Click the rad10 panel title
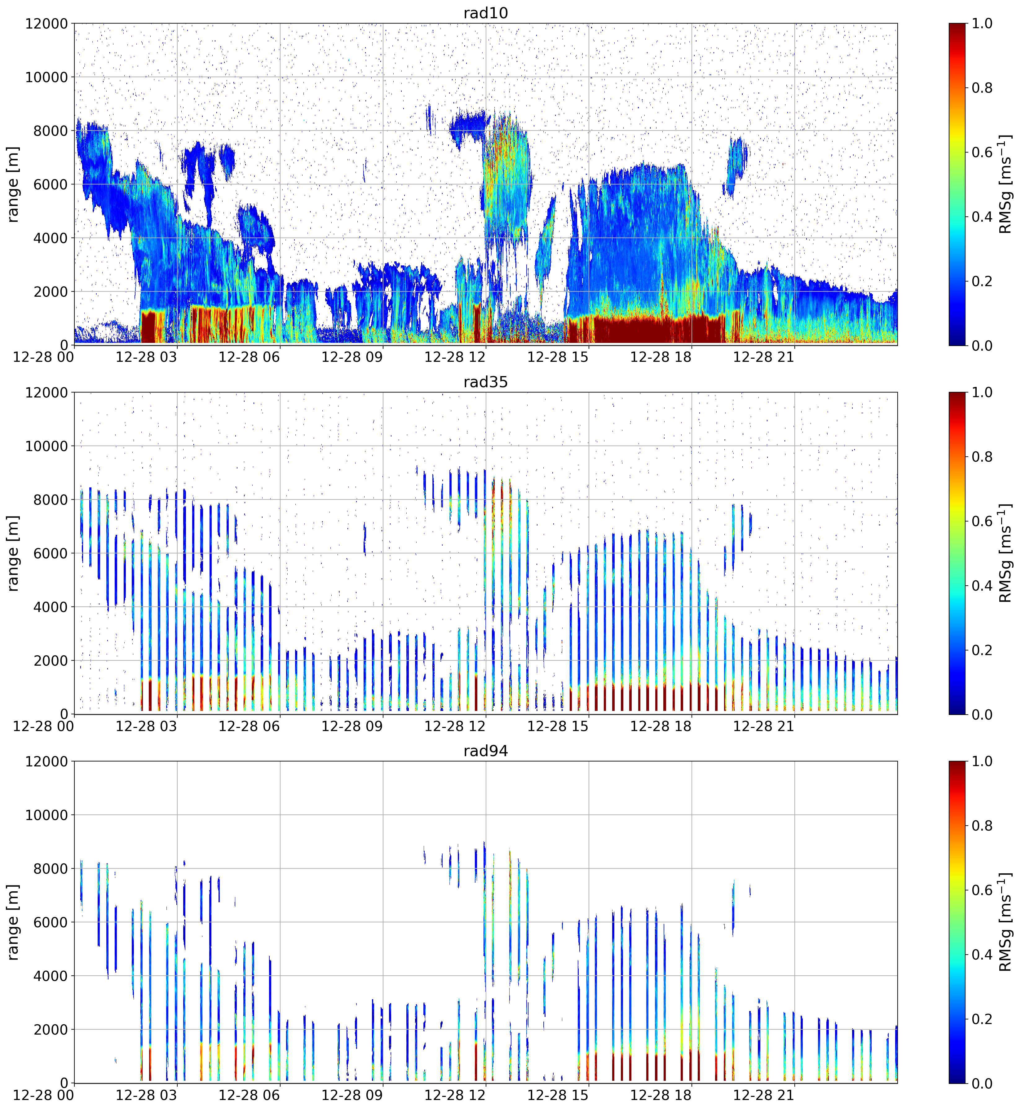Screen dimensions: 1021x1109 click(x=486, y=13)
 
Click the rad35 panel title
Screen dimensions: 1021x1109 click(x=486, y=382)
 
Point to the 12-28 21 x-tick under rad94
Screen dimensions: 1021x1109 click(x=763, y=1095)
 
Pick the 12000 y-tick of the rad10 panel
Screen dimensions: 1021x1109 click(x=46, y=24)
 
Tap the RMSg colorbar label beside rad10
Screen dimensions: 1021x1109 click(x=1006, y=184)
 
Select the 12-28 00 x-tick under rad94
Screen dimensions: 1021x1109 click(x=43, y=1095)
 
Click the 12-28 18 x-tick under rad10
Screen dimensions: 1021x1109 click(x=661, y=357)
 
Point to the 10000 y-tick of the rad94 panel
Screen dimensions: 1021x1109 click(x=46, y=815)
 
